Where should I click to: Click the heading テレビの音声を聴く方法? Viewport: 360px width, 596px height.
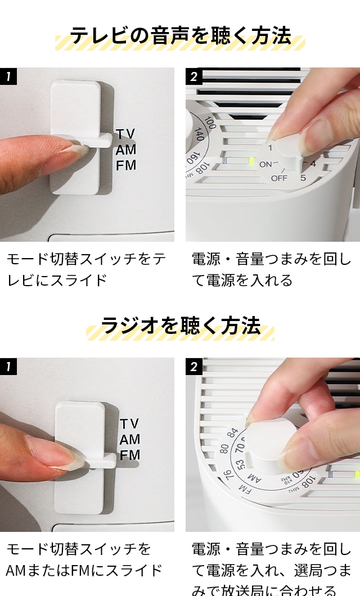click(x=180, y=35)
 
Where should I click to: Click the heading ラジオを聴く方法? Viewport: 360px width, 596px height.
click(x=180, y=326)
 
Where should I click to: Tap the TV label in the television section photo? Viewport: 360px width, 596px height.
click(x=126, y=134)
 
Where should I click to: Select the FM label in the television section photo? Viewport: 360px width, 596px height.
click(x=126, y=165)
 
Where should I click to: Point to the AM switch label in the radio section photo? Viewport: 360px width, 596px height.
click(x=130, y=439)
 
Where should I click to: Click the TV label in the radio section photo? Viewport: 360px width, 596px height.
click(x=130, y=423)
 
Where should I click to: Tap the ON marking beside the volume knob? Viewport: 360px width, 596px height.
click(x=265, y=164)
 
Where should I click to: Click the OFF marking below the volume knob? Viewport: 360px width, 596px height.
click(x=279, y=178)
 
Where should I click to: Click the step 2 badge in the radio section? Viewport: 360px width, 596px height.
click(x=193, y=367)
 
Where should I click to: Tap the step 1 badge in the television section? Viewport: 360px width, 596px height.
click(x=8, y=76)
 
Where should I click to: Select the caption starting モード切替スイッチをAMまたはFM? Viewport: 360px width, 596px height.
click(x=84, y=559)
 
